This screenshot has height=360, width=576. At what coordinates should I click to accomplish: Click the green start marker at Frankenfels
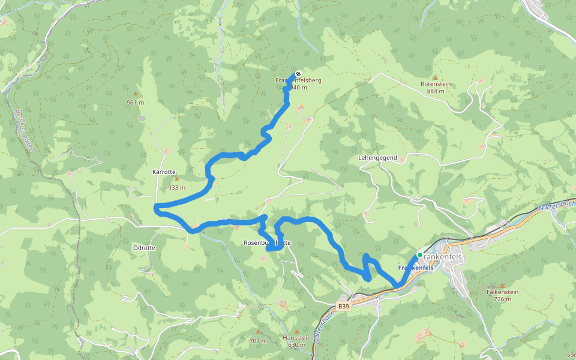pyautogui.click(x=419, y=255)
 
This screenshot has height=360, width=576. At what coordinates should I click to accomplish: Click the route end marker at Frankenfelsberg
pyautogui.click(x=298, y=74)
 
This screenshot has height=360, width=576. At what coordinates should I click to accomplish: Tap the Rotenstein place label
pyautogui.click(x=436, y=84)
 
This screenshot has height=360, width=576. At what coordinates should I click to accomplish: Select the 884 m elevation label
pyautogui.click(x=436, y=91)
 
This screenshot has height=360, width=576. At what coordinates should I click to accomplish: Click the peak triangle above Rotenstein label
pyautogui.click(x=436, y=77)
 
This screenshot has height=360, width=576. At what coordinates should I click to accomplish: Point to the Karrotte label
pyautogui.click(x=164, y=172)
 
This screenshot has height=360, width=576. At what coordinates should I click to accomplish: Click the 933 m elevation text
pyautogui.click(x=176, y=187)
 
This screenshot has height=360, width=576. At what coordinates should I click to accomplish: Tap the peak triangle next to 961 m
pyautogui.click(x=136, y=94)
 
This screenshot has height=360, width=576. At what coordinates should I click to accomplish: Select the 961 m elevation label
pyautogui.click(x=136, y=103)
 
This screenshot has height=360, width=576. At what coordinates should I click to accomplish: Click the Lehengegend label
pyautogui.click(x=377, y=157)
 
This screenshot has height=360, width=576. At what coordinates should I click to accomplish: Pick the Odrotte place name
pyautogui.click(x=144, y=248)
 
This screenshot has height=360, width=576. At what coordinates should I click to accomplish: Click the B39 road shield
pyautogui.click(x=343, y=306)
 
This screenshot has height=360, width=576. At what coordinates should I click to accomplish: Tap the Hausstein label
pyautogui.click(x=296, y=338)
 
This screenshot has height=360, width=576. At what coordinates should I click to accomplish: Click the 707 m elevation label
pyautogui.click(x=258, y=341)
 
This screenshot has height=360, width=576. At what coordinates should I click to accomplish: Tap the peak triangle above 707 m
pyautogui.click(x=258, y=332)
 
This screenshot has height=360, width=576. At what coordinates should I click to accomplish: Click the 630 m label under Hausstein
pyautogui.click(x=296, y=345)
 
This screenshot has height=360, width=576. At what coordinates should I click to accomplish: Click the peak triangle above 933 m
pyautogui.click(x=176, y=179)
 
